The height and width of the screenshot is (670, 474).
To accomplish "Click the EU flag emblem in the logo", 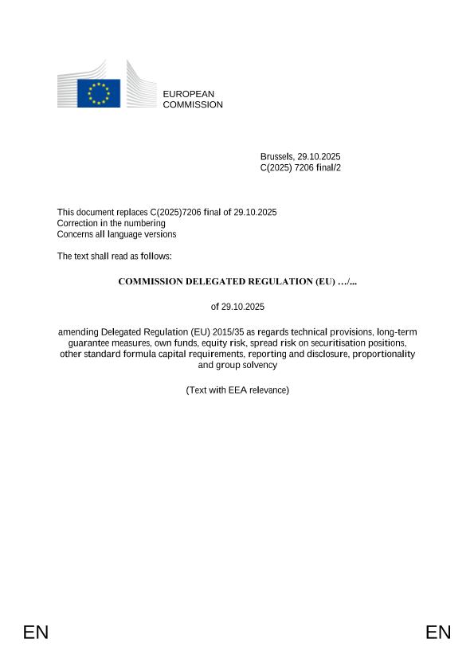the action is click(99, 92).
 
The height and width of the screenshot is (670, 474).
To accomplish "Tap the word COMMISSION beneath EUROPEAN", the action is click(193, 104).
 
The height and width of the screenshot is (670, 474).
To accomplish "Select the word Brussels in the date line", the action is click(277, 156).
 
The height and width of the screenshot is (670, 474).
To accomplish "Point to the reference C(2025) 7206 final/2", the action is click(300, 167).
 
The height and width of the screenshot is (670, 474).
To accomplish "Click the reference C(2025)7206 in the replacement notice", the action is click(174, 212).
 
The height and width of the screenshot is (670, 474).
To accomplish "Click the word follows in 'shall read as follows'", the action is click(155, 256).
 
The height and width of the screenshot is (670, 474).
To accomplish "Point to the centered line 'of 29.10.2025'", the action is click(237, 307).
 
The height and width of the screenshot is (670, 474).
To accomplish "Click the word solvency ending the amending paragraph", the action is click(257, 365).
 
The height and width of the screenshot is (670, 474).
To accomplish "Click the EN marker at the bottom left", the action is click(36, 633).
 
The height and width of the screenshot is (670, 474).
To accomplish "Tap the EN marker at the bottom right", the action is click(438, 633).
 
